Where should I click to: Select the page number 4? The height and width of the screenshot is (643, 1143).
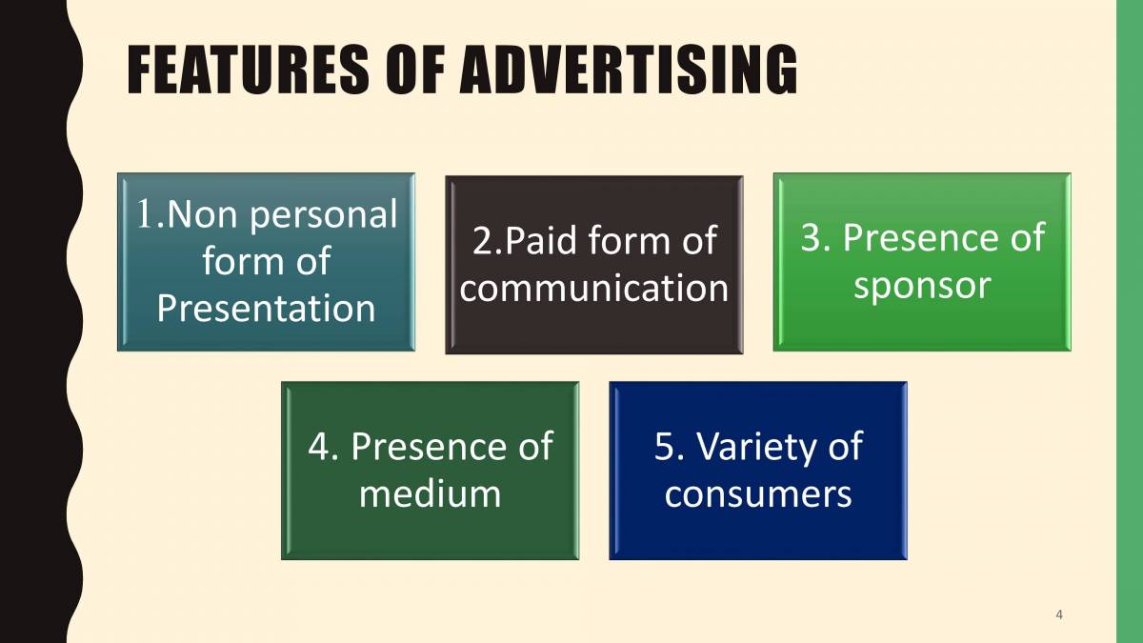(1059, 614)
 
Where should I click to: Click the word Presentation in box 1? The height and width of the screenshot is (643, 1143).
(266, 308)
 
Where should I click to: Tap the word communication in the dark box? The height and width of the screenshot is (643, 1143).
(593, 288)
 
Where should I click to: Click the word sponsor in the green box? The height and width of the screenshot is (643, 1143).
(921, 285)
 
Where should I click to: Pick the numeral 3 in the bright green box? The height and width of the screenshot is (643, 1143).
(812, 238)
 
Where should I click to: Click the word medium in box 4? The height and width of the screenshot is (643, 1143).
(430, 493)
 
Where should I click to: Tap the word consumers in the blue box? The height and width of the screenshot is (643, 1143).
(758, 493)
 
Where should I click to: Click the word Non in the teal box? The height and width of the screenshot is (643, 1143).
(190, 215)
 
